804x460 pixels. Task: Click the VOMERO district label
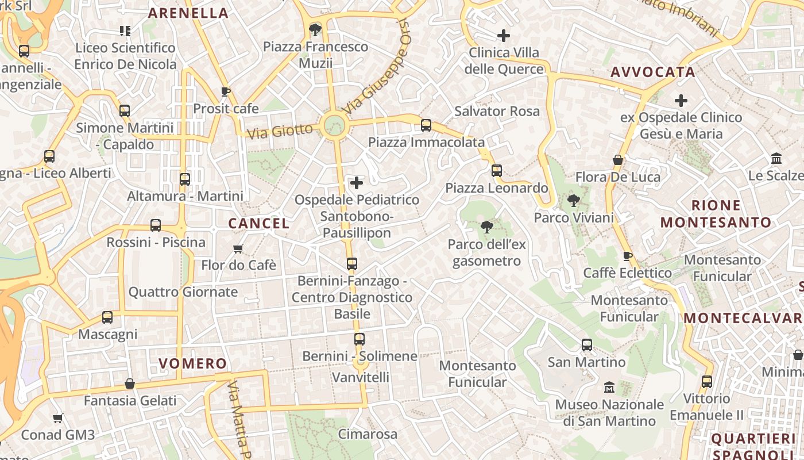(192, 363)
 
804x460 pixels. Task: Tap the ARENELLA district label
(188, 13)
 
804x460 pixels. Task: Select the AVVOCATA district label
(653, 72)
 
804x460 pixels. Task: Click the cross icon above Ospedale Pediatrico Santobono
(357, 183)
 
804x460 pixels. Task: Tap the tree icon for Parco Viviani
(573, 201)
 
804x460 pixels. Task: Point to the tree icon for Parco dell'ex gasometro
(487, 227)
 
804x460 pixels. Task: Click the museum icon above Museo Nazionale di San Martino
(609, 388)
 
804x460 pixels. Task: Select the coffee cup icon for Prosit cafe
(226, 91)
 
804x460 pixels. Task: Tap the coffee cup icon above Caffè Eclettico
(627, 256)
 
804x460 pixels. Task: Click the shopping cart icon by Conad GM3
(57, 418)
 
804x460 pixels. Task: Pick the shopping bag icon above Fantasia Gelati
(130, 383)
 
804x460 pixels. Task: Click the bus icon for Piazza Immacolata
(426, 125)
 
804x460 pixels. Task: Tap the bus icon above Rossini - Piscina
(156, 225)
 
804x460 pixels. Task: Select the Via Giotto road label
(280, 131)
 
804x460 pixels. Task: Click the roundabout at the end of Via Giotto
(334, 125)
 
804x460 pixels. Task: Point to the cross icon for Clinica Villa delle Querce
(504, 36)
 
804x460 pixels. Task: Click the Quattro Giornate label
(183, 292)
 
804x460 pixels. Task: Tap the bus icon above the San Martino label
(586, 345)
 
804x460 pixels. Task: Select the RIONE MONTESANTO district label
(716, 214)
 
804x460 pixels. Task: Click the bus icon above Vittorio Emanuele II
(707, 381)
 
